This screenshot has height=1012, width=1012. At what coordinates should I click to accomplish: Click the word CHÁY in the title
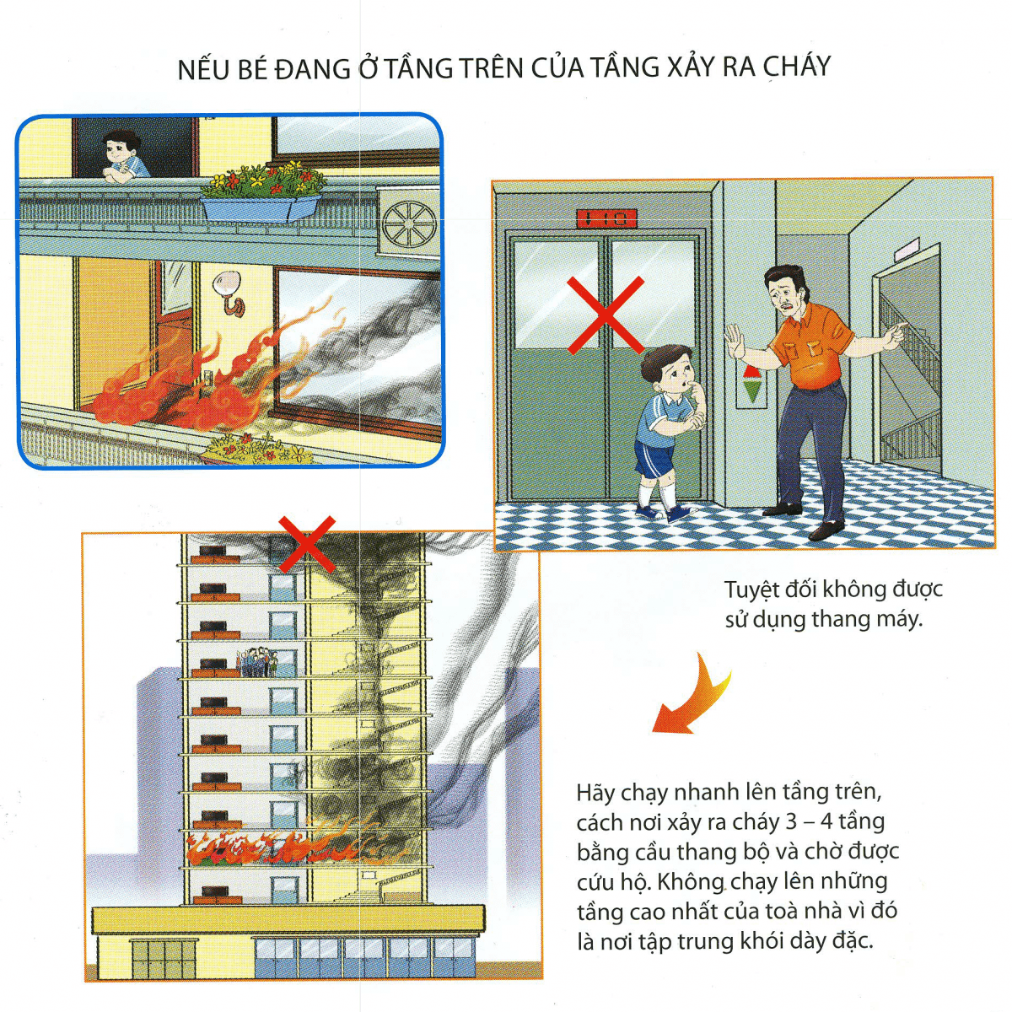[791, 67]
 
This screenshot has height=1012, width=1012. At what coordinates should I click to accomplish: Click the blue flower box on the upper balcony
[261, 207]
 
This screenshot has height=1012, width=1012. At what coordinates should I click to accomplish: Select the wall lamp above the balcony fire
[229, 293]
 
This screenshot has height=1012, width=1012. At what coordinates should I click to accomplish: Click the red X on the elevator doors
[605, 315]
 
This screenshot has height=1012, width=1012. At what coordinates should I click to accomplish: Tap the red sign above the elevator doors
[606, 219]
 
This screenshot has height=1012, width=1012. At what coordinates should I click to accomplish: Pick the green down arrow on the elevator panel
[751, 392]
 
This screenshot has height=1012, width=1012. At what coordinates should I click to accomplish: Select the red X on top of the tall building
[307, 544]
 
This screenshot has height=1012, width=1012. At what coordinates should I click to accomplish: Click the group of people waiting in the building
[258, 662]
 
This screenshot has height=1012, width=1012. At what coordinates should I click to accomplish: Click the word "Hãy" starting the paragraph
[596, 793]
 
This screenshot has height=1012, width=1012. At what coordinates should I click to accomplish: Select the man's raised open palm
[735, 341]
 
